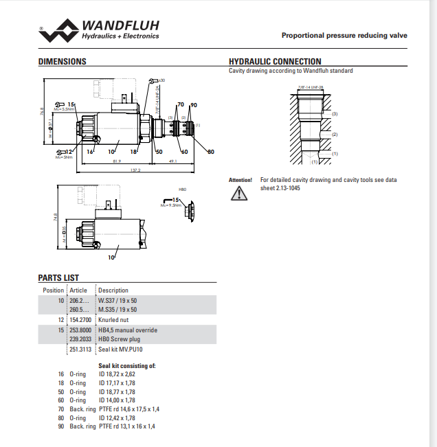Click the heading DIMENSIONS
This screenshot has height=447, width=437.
(x=62, y=62)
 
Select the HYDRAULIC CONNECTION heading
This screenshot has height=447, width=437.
(x=274, y=62)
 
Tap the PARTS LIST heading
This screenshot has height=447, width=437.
(x=58, y=278)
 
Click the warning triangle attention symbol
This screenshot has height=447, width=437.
(x=238, y=194)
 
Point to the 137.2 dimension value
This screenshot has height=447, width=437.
(x=135, y=170)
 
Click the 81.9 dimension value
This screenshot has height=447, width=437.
(x=117, y=162)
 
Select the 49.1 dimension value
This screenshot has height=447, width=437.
(x=172, y=162)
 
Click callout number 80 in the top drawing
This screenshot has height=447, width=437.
(x=211, y=152)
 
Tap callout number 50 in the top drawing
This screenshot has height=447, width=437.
(x=159, y=152)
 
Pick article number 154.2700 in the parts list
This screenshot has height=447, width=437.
(x=80, y=320)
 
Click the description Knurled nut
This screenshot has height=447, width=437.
(x=114, y=320)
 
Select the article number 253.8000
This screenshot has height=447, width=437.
(x=80, y=330)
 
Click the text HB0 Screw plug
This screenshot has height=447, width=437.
(x=119, y=339)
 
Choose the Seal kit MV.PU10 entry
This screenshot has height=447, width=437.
(x=120, y=349)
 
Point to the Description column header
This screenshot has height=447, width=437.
(x=113, y=290)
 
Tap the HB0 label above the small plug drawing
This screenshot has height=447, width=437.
(x=183, y=188)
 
